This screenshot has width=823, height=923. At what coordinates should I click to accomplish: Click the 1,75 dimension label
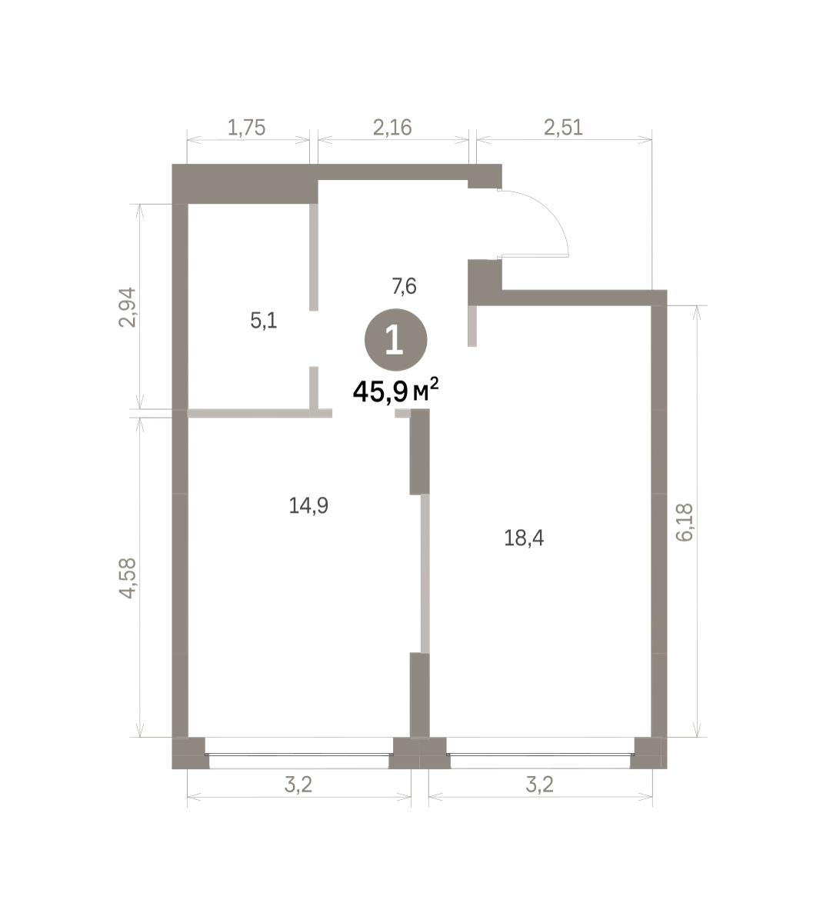pyautogui.click(x=246, y=128)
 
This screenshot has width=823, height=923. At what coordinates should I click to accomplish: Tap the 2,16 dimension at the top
pyautogui.click(x=392, y=128)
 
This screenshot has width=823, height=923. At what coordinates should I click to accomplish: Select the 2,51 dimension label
pyautogui.click(x=563, y=128)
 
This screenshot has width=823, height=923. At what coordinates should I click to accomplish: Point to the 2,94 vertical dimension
pyautogui.click(x=127, y=308)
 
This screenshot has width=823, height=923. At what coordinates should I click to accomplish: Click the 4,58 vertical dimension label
pyautogui.click(x=127, y=578)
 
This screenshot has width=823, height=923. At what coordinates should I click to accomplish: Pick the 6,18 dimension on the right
pyautogui.click(x=685, y=522)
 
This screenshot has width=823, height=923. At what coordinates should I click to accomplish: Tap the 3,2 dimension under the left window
pyautogui.click(x=298, y=785)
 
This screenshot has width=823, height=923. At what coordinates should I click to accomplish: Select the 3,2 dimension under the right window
pyautogui.click(x=539, y=785)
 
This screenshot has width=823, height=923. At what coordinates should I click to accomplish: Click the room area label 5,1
pyautogui.click(x=263, y=322)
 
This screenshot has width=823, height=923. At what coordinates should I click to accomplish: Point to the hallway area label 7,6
pyautogui.click(x=405, y=287)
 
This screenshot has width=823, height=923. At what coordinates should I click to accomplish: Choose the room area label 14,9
pyautogui.click(x=308, y=505)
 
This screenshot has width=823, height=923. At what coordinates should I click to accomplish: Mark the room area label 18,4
pyautogui.click(x=524, y=538)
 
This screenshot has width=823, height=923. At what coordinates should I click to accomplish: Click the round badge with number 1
pyautogui.click(x=395, y=340)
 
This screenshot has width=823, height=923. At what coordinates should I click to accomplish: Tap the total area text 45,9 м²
pyautogui.click(x=395, y=391)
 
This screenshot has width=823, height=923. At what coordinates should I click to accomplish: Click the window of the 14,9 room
pyautogui.click(x=299, y=755)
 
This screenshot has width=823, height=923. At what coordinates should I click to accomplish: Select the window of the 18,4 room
pyautogui.click(x=541, y=755)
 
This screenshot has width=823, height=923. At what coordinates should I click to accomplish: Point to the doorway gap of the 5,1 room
pyautogui.click(x=314, y=338)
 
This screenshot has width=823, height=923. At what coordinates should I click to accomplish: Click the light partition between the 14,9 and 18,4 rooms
pyautogui.click(x=425, y=573)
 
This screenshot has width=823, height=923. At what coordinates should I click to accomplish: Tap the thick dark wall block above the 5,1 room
pyautogui.click(x=245, y=184)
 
